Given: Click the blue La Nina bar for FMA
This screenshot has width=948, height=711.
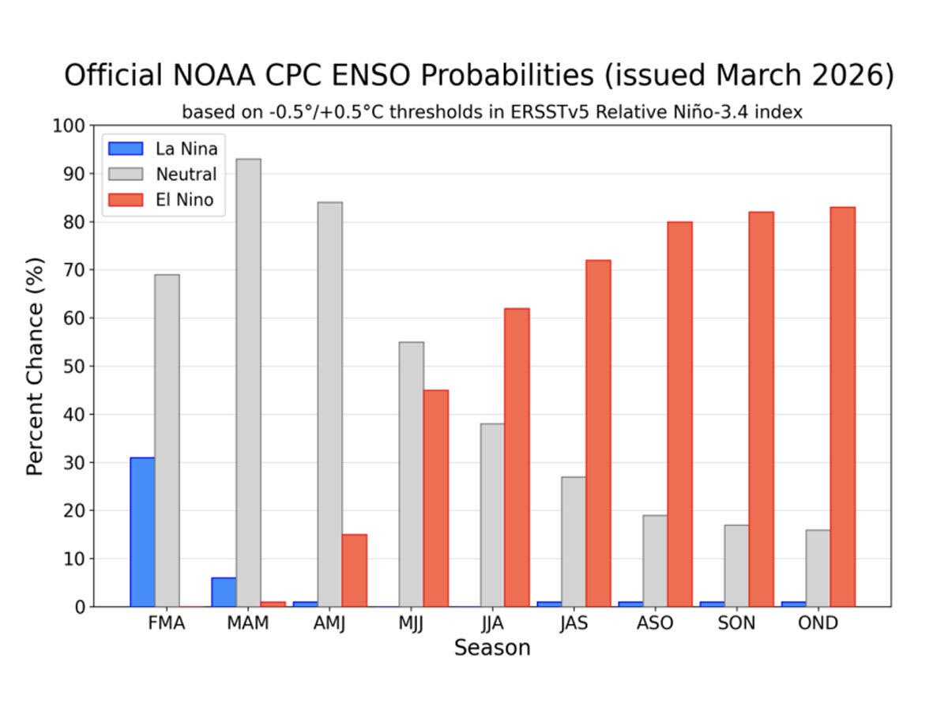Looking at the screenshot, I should point(142,532).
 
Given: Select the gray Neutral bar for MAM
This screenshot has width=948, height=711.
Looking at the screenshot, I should point(248,383).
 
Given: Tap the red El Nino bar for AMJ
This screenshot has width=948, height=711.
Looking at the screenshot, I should point(354,570).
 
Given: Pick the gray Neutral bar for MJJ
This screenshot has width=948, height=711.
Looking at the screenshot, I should point(411,474).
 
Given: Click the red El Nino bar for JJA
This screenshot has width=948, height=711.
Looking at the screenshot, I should point(517,457).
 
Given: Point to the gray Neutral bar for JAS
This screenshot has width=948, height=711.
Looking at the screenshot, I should point(573,541).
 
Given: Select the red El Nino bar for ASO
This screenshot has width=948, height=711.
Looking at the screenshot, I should point(679,414).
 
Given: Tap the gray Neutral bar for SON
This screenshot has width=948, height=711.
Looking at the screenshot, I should point(735,566).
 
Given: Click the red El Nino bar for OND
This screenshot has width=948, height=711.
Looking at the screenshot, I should point(842,407).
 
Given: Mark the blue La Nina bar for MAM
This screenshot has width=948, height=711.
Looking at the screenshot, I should point(224,592).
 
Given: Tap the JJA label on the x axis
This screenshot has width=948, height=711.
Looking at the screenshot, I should point(492,623).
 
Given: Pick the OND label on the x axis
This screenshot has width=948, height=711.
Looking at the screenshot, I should point(818,623).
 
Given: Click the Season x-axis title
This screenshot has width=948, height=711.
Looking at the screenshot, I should point(491,649).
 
